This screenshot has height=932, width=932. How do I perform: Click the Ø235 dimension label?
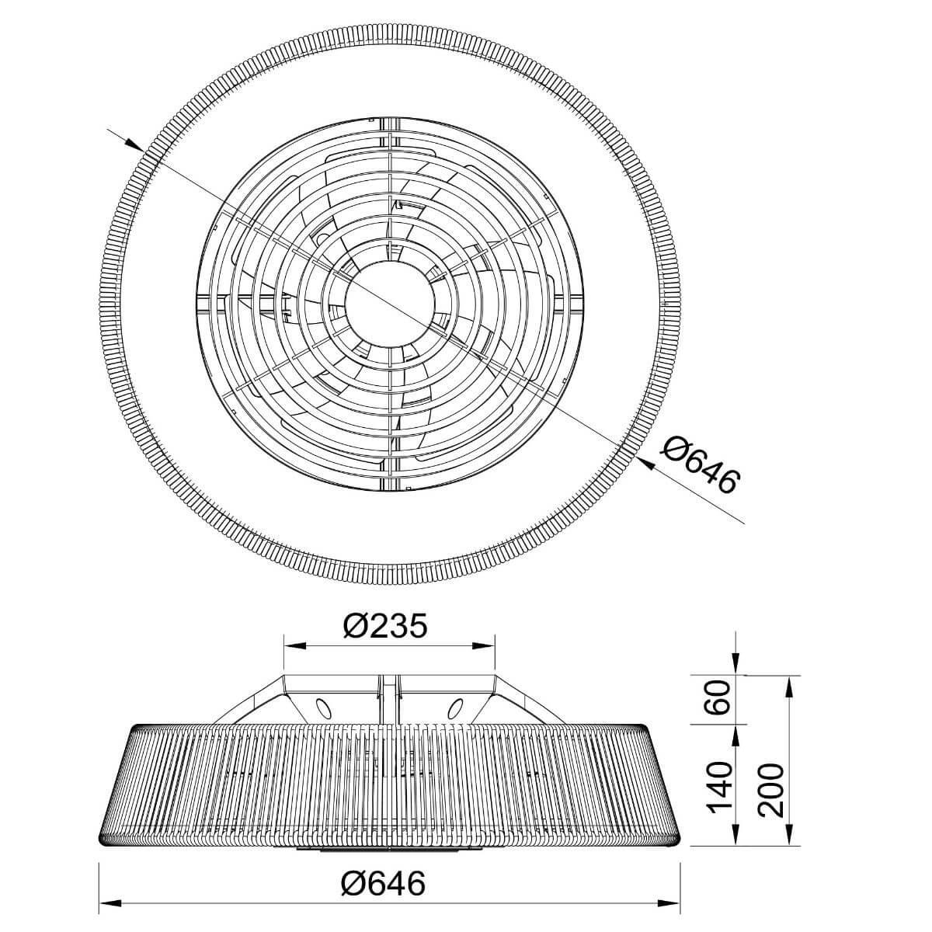click(385, 626)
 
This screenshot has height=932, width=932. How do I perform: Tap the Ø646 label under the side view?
click(383, 882)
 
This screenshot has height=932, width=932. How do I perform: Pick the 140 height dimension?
click(720, 788)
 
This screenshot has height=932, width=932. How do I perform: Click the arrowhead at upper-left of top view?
click(134, 144)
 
